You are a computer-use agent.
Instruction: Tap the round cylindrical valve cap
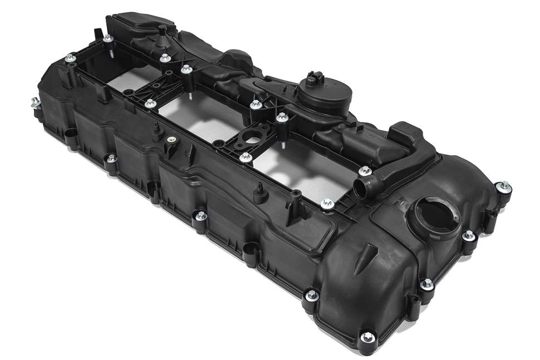(316, 93)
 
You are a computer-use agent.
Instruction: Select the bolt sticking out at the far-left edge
(35, 102)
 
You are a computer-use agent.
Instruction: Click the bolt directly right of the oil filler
(469, 236)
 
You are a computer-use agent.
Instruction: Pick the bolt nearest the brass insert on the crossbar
(150, 103)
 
